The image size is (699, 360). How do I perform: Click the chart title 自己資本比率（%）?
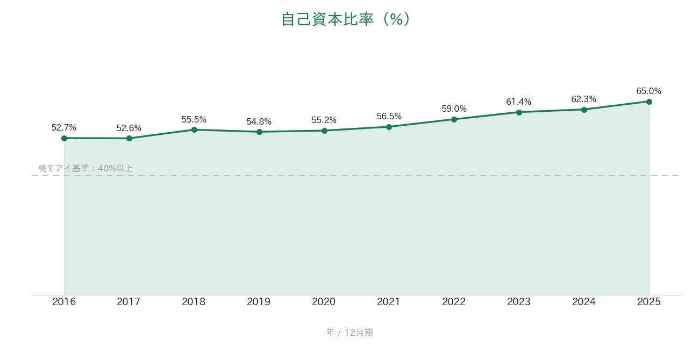tap(346, 19)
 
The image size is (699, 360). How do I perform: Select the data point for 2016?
tap(65, 138)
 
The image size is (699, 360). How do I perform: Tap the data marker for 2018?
tap(194, 130)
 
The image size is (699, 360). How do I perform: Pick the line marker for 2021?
tap(389, 127)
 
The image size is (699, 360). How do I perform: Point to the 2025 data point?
tap(649, 102)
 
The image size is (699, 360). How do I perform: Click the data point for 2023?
tap(519, 112)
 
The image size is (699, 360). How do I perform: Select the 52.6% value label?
tap(129, 128)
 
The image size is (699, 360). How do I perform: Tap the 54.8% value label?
tap(259, 121)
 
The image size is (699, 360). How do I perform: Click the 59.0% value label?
tap(454, 109)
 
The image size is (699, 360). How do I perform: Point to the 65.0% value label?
tap(649, 91)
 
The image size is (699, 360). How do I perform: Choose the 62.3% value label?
tap(583, 99)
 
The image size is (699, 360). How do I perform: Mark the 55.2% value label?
tap(324, 120)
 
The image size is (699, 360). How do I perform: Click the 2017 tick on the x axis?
tap(129, 301)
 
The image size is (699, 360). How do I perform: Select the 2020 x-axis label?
tap(324, 301)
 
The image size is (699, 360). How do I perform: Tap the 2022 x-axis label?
tap(454, 301)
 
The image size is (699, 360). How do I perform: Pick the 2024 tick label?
tap(584, 301)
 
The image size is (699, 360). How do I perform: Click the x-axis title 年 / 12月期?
tap(349, 333)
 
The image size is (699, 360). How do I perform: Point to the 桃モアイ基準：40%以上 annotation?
tap(85, 169)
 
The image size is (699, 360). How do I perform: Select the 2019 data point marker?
tap(259, 132)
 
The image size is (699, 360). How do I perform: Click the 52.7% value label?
tap(63, 127)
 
